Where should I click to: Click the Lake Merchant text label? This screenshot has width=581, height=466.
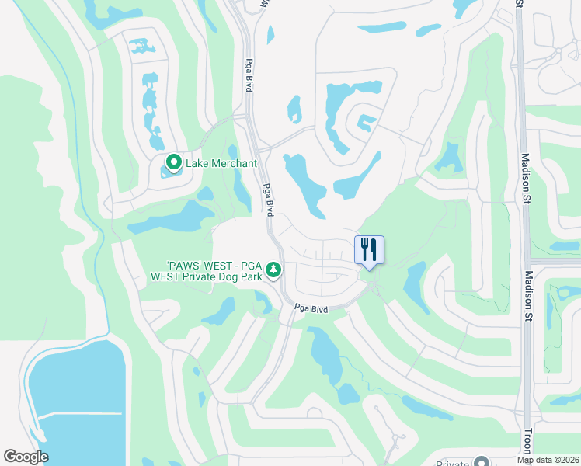(221, 163)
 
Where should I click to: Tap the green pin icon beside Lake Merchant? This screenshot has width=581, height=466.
(174, 163)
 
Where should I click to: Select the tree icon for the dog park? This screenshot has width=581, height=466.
(273, 270)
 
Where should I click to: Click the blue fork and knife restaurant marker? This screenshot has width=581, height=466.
(370, 250)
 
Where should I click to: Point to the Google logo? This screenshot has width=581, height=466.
(26, 457)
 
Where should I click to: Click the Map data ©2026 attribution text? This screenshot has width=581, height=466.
(548, 460)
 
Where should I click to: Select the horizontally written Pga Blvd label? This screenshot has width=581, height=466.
(311, 309)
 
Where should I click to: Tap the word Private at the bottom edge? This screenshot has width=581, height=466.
(453, 464)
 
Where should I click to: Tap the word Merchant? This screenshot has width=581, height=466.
(234, 163)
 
